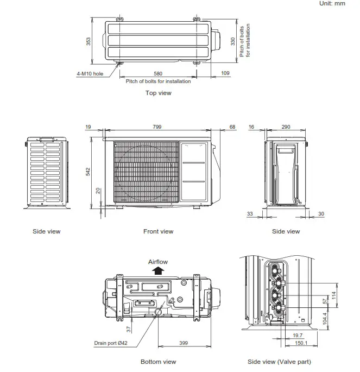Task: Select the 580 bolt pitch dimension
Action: tap(158, 73)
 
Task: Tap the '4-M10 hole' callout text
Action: tap(90, 73)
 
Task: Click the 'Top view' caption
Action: tap(158, 93)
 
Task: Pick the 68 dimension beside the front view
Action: tap(233, 127)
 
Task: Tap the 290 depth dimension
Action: tap(286, 127)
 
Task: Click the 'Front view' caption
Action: tap(158, 231)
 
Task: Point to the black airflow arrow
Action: tap(158, 271)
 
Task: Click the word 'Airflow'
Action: tap(158, 262)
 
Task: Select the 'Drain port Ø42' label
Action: tap(110, 343)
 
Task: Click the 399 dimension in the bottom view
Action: tap(184, 343)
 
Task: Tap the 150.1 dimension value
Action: tap(300, 343)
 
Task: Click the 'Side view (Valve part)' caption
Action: tap(279, 362)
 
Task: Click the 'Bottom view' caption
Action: tap(158, 362)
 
